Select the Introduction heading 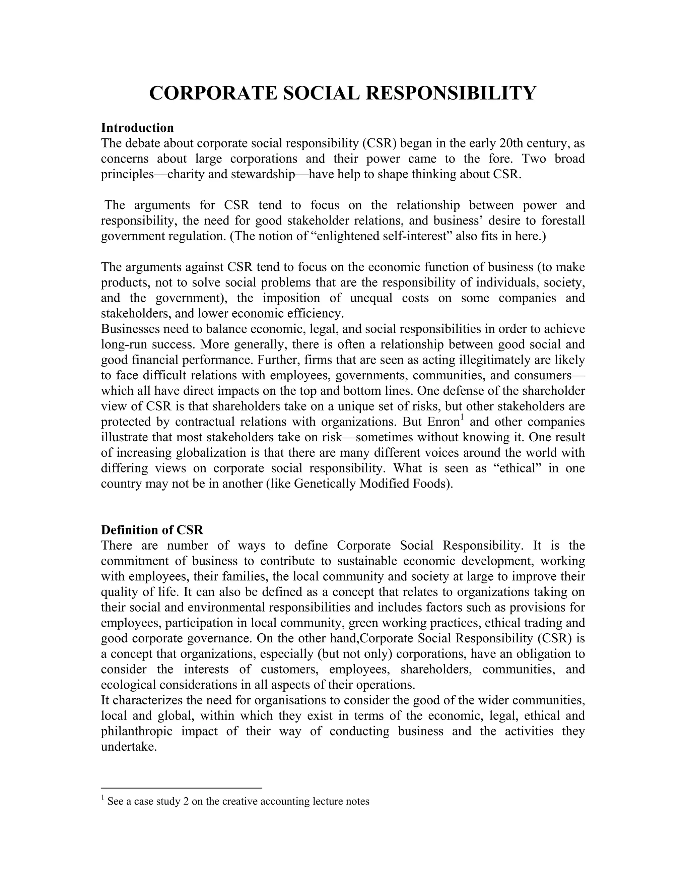pyautogui.click(x=137, y=128)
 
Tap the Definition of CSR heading pyautogui.click(x=152, y=530)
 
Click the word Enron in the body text pyautogui.click(x=443, y=422)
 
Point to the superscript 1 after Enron pyautogui.click(x=461, y=418)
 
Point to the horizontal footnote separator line pyautogui.click(x=181, y=788)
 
